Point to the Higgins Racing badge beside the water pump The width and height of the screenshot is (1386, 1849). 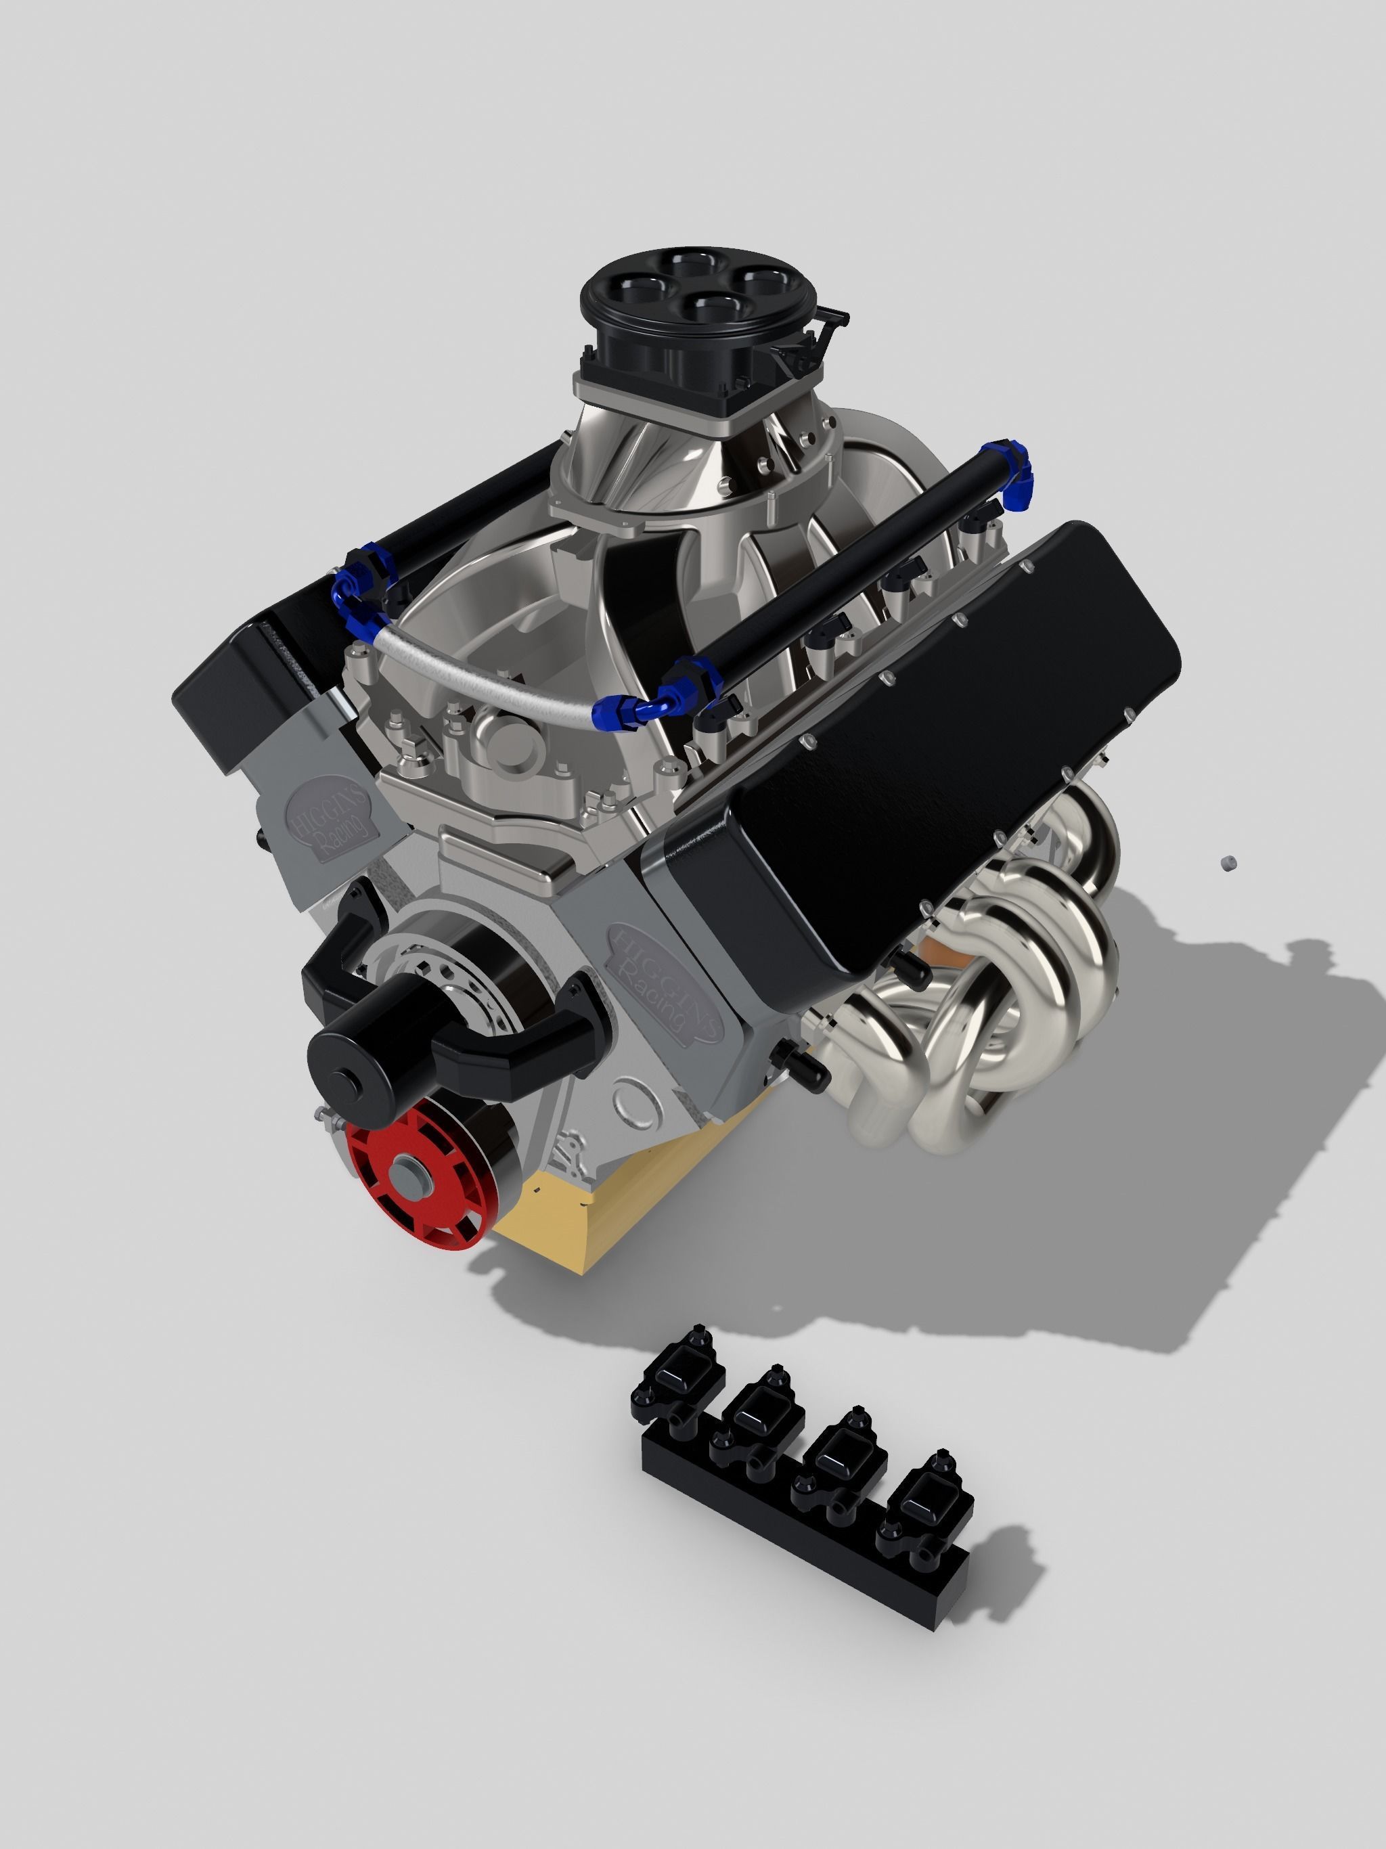(330, 815)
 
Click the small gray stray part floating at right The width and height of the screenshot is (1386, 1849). (1227, 863)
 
